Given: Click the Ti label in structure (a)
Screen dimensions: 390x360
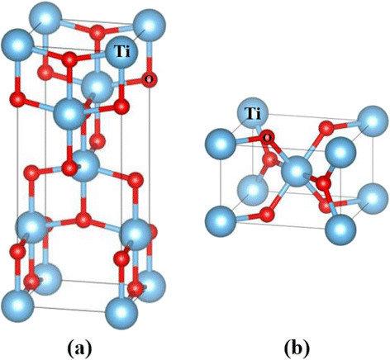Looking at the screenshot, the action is (122, 51).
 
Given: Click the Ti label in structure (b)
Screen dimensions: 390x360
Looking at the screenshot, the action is (253, 113).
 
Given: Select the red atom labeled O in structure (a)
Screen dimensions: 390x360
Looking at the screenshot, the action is (150, 79).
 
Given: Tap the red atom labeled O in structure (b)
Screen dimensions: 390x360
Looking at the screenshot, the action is (266, 137).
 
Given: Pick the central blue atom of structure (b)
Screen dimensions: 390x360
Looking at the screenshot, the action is (297, 171).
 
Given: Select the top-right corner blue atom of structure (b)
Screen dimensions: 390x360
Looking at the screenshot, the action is (373, 121).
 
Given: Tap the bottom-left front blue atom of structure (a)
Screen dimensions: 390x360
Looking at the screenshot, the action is (17, 306).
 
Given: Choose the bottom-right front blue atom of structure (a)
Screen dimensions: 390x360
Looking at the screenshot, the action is (121, 313).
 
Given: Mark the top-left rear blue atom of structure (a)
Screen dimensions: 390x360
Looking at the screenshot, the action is (45, 18).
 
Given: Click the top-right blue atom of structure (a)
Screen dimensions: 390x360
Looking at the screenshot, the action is (150, 26).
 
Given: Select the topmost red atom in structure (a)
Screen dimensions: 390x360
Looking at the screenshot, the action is (97, 31).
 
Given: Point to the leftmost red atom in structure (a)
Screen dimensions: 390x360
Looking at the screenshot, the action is (17, 99).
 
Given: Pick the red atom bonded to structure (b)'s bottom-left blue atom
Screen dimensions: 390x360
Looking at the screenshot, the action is (267, 214).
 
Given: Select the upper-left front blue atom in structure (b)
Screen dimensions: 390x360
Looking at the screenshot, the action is (221, 144).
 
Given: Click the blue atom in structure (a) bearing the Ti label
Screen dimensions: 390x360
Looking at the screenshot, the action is (121, 52).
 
